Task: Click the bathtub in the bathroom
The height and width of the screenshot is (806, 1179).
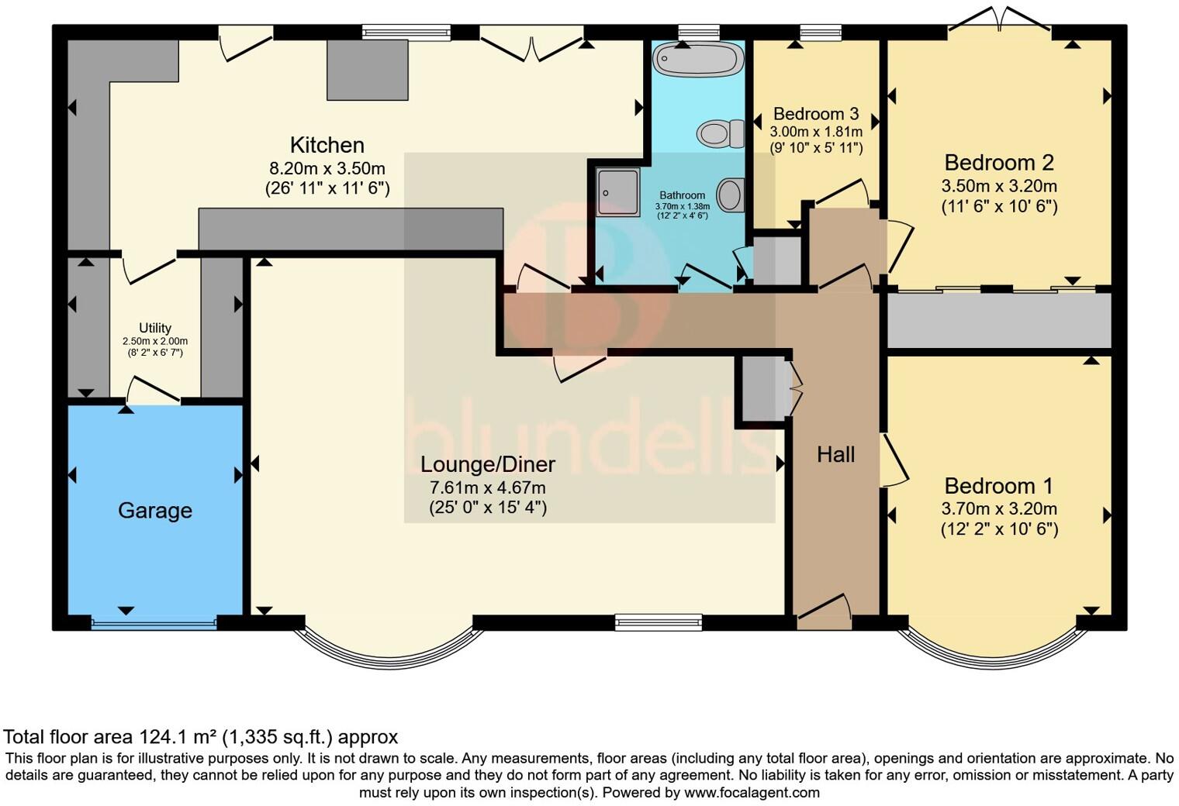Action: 698,59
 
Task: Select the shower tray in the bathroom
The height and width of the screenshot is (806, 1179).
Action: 618,191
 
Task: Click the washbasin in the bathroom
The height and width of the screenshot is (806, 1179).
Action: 731,195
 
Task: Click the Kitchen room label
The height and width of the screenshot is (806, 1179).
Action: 327,145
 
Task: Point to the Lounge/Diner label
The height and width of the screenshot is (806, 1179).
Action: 487,464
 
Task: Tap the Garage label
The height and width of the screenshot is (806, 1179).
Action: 155,510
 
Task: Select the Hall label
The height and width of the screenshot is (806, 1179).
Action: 835,454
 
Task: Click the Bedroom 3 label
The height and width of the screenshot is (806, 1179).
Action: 816,114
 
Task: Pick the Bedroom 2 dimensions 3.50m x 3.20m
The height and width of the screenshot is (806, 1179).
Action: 999,186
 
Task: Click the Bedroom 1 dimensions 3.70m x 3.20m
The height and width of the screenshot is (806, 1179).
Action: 999,509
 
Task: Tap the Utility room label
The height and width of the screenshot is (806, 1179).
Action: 155,328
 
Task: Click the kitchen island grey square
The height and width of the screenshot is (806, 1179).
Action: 367,70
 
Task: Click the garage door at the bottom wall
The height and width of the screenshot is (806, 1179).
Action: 154,622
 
